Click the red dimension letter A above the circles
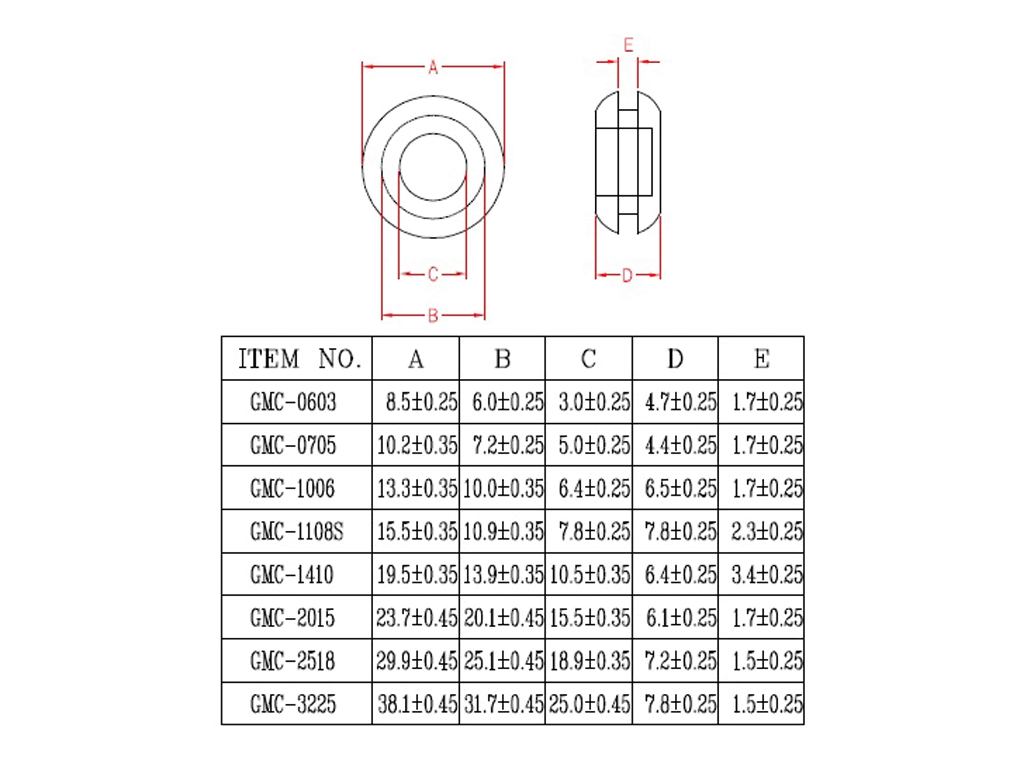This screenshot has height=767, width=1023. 433,67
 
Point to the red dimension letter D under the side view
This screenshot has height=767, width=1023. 627,276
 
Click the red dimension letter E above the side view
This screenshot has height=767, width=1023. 628,45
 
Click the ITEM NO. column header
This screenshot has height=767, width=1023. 299,359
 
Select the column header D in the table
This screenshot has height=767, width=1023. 675,359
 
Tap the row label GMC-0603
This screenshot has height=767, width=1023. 293,402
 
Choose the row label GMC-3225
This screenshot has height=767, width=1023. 293,704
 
